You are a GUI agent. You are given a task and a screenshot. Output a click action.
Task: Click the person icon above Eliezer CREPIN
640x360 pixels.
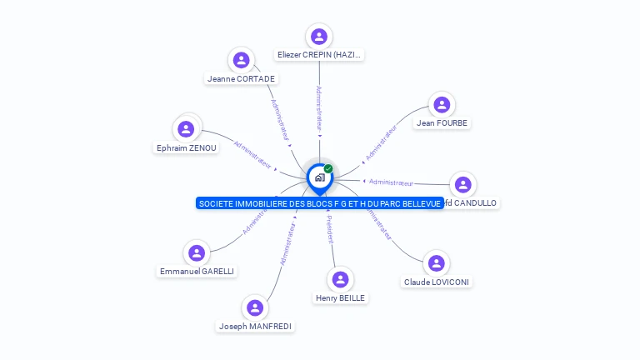point(318,37)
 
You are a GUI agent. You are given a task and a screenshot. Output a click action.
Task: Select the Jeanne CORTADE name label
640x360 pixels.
point(241,79)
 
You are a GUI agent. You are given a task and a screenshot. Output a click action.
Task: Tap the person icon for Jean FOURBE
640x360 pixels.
point(442,105)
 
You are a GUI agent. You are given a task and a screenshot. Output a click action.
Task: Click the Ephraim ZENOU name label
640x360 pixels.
point(187,148)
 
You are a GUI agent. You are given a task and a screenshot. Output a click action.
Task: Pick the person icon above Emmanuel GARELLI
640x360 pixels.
point(197,252)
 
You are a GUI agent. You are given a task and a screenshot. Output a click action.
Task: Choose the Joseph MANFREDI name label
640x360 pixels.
point(255,327)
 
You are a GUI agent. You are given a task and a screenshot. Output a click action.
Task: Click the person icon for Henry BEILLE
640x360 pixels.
point(340,279)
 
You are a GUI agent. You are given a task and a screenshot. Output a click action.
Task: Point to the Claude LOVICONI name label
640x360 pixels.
point(437,282)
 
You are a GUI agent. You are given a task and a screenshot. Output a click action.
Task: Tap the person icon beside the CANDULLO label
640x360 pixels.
point(463,184)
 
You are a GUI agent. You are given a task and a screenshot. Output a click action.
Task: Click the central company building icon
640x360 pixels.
point(319,177)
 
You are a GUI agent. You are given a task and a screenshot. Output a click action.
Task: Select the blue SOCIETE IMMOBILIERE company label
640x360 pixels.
point(320,203)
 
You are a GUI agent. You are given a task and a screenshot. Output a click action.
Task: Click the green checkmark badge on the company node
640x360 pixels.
point(328,169)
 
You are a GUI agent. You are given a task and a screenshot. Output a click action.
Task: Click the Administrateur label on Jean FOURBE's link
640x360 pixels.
point(382,142)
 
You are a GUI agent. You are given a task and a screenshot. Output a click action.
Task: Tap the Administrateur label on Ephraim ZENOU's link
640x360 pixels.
point(253,154)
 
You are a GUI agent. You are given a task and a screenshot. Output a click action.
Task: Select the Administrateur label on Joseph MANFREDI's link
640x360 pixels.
point(287,243)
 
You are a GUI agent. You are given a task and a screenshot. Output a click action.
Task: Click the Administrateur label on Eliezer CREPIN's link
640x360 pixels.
point(318,108)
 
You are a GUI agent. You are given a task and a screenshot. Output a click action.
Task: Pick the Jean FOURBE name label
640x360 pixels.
point(442,123)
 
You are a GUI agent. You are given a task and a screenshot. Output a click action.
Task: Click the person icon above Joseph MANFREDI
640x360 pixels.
point(255,308)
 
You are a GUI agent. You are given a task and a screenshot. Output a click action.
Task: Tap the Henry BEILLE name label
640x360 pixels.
point(340,297)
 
